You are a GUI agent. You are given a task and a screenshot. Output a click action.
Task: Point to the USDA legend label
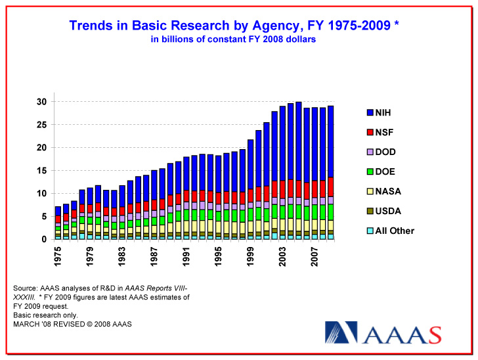click(x=387, y=211)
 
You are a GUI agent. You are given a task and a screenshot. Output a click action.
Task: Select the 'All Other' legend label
click(x=395, y=231)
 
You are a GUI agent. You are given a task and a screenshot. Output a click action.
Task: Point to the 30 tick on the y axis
click(x=41, y=102)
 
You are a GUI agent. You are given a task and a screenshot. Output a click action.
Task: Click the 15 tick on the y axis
click(x=41, y=171)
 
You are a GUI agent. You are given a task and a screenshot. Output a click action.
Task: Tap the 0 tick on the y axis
click(x=44, y=239)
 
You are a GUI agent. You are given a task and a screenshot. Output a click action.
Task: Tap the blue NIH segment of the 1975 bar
click(x=58, y=210)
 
